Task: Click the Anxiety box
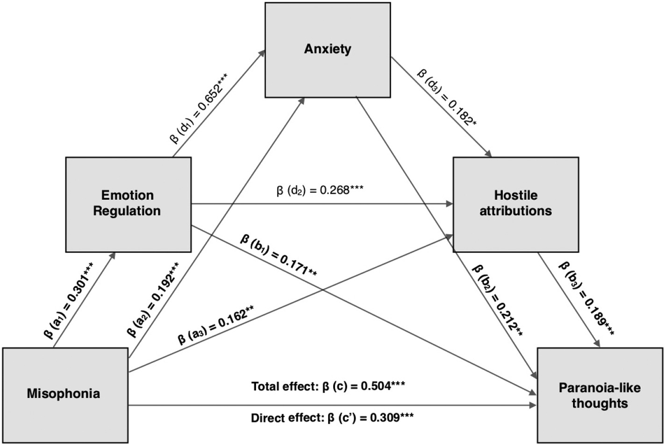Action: click(x=328, y=50)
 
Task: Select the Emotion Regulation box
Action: click(x=128, y=204)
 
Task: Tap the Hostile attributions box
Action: click(x=515, y=204)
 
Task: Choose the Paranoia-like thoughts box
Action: click(x=600, y=395)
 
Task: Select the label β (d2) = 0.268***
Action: click(x=320, y=190)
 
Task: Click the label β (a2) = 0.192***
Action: click(x=153, y=299)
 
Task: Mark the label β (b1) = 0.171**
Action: click(x=279, y=255)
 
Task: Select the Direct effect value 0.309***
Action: click(x=392, y=418)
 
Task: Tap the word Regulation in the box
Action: click(x=127, y=211)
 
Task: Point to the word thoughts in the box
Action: click(x=600, y=404)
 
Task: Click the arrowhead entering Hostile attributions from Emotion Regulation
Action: click(x=450, y=204)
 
